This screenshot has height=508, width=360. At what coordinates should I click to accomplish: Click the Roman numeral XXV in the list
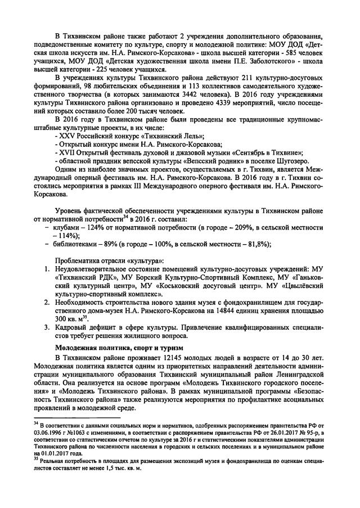point(69,136)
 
